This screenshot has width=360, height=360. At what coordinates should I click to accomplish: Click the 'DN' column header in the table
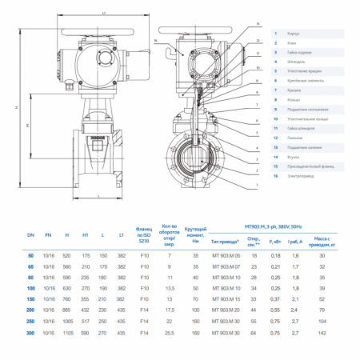pos(30,238)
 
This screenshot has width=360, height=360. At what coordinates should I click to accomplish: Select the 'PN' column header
pos(50,238)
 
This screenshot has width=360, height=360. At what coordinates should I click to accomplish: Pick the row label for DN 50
pos(30,254)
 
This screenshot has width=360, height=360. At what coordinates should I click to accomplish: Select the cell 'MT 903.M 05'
pos(226,254)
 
